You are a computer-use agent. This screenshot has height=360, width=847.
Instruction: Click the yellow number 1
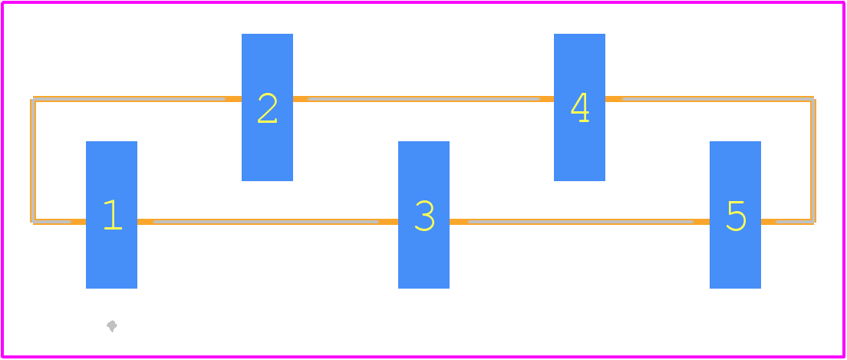pos(113,215)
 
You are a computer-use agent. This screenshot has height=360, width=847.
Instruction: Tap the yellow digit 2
pos(268,108)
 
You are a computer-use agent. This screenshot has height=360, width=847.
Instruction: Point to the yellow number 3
pos(424,216)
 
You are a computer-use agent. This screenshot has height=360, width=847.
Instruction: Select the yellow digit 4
pos(580,107)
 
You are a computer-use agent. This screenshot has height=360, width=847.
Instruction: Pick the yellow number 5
pos(737,216)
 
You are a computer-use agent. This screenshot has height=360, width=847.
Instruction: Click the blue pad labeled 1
pos(111,215)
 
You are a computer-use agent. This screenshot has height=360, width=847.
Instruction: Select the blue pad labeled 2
pos(267,107)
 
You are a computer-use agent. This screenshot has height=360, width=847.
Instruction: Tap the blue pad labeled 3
pos(423,215)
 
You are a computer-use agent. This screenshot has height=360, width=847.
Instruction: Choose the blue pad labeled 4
pos(579,107)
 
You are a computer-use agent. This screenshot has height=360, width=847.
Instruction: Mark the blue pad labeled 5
pos(735,215)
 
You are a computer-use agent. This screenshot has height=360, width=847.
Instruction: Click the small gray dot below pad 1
pos(112,325)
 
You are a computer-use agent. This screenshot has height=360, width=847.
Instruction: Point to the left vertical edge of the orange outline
pos(32,160)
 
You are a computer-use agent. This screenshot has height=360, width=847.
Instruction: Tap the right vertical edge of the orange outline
pos(813,160)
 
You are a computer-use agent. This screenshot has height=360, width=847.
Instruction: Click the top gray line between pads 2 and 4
pos(423,99)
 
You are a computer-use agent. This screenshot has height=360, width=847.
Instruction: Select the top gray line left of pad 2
pos(129,99)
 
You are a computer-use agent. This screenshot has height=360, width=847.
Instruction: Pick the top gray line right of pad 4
pos(718,99)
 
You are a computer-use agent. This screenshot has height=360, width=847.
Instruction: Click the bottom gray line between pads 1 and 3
pos(266,222)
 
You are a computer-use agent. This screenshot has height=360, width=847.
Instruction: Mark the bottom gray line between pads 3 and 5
pos(580,222)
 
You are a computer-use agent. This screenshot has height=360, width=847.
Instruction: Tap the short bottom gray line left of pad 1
pos(52,222)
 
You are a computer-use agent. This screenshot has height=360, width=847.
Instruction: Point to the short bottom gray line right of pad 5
pos(795,222)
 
